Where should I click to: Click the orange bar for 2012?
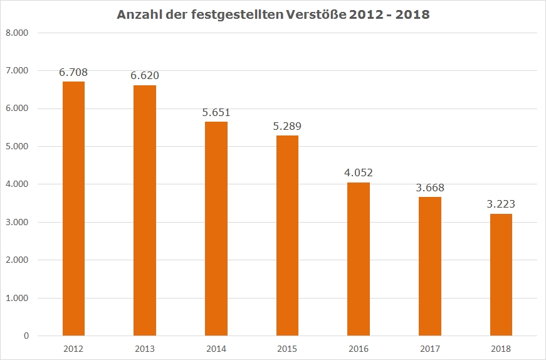(73, 208)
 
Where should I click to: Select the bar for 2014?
(216, 228)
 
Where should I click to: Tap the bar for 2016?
(359, 258)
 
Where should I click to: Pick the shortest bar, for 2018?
(501, 275)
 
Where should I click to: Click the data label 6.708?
(73, 72)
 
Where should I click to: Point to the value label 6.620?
(145, 75)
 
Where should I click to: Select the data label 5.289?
(287, 126)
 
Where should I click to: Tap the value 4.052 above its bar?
(359, 172)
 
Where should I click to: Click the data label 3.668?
(430, 187)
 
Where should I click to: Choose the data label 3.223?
(501, 204)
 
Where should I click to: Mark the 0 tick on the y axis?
(26, 336)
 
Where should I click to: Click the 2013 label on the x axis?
(145, 349)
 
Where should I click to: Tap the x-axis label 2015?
(287, 349)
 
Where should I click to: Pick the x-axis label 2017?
(430, 349)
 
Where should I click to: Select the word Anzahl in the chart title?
(138, 14)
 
